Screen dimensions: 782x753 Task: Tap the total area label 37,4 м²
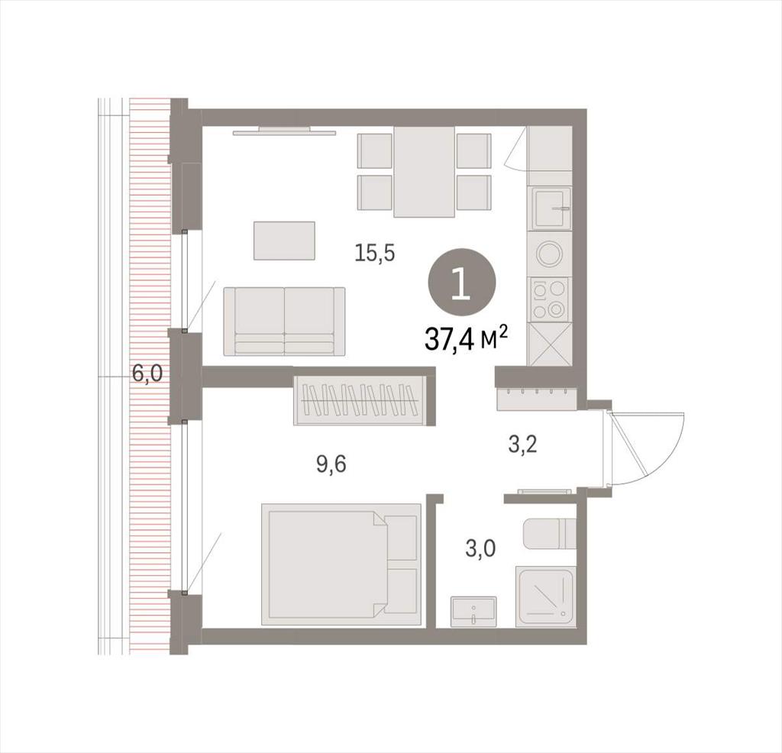click(467, 340)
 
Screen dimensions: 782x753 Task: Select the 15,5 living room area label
click(374, 254)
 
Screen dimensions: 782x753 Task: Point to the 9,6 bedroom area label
click(331, 465)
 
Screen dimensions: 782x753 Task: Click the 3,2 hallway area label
click(522, 444)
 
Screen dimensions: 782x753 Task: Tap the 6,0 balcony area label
click(147, 373)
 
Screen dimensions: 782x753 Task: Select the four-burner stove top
click(550, 299)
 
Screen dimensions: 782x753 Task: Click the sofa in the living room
click(284, 322)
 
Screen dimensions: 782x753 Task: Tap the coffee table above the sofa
click(284, 241)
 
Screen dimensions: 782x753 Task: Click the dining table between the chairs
click(424, 172)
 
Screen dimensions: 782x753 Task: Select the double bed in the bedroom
click(341, 564)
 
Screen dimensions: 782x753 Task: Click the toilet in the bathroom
click(550, 533)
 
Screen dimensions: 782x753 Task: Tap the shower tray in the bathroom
click(545, 596)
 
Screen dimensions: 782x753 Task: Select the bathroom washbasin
click(473, 612)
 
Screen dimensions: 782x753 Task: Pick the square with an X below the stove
click(550, 344)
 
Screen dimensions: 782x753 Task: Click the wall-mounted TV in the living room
click(285, 131)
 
